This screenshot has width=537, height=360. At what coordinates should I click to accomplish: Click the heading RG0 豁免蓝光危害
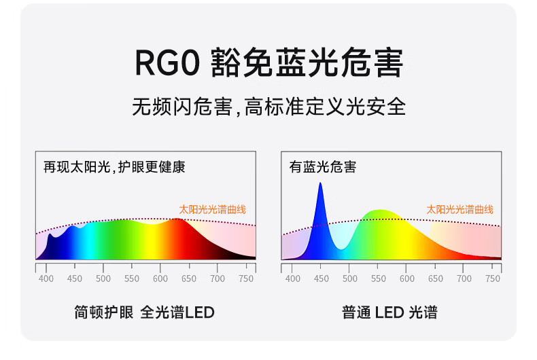point(269,62)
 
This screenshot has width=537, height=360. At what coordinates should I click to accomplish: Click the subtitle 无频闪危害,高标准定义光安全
point(269,107)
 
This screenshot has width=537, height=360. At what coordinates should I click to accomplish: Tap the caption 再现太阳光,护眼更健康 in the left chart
point(114,167)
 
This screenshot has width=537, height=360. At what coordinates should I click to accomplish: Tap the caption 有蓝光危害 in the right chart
point(323,167)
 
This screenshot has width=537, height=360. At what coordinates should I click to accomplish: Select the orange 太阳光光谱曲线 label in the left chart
point(212,209)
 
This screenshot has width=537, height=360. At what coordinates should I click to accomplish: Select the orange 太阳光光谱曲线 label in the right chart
point(460,209)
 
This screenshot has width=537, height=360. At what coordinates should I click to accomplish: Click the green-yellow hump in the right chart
point(380,233)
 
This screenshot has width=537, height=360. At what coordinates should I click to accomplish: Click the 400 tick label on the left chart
point(46,279)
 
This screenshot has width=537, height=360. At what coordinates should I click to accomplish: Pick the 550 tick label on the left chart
point(131,279)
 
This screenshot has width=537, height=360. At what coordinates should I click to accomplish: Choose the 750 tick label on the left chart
point(246,279)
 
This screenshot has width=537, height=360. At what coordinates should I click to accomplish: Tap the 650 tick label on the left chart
point(189,279)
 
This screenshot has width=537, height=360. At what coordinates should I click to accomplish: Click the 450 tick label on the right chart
point(322,279)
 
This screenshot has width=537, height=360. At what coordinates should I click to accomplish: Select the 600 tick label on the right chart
point(407,279)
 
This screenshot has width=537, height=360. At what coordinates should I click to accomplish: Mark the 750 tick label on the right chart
point(493,279)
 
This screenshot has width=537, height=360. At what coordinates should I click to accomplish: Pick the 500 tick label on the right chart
point(349,279)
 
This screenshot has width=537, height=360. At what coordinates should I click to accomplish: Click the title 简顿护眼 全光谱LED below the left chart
point(145,312)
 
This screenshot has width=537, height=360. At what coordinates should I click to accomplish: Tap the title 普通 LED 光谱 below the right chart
point(389,312)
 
